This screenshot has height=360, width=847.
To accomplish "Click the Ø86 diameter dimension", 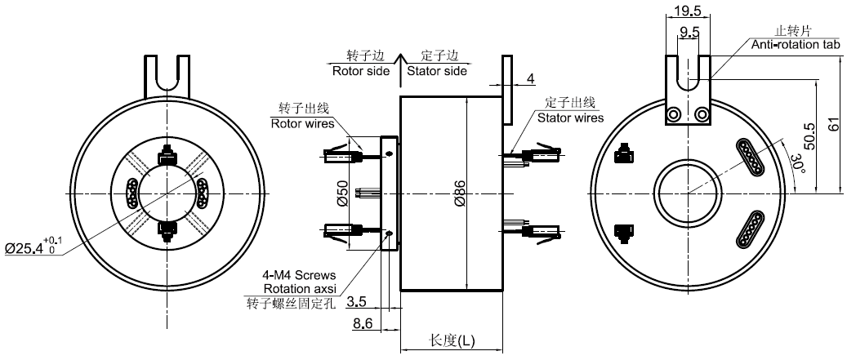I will pyautogui.click(x=459, y=196).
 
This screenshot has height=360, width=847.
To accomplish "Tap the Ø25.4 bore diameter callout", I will pyautogui.click(x=33, y=247).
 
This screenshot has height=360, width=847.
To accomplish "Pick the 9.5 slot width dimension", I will pyautogui.click(x=689, y=33).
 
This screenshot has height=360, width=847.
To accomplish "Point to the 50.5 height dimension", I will pyautogui.click(x=810, y=135).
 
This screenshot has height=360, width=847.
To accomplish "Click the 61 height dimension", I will pyautogui.click(x=835, y=126).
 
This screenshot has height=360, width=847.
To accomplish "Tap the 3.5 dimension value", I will pyautogui.click(x=356, y=302).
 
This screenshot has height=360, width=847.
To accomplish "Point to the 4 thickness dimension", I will pyautogui.click(x=530, y=79).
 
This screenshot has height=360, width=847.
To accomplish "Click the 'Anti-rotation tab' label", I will pyautogui.click(x=796, y=45).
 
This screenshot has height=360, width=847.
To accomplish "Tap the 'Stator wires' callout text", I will pyautogui.click(x=570, y=118).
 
